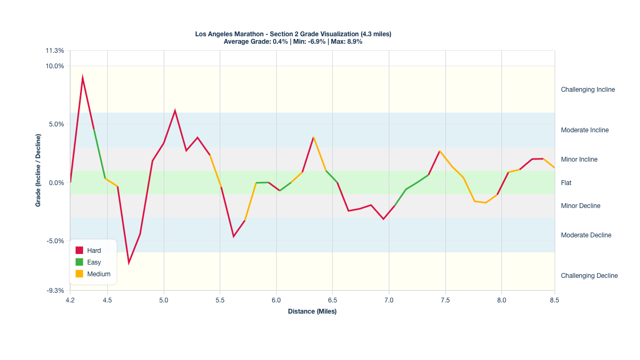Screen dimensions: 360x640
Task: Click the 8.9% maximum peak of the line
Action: tap(83, 78)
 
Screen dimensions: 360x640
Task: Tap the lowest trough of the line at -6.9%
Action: tap(129, 263)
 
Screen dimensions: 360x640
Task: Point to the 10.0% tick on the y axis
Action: tap(55, 66)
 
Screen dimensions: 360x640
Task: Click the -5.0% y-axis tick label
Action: tap(55, 241)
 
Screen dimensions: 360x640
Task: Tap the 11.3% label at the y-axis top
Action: tap(55, 51)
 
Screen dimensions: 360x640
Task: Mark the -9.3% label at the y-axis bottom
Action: tap(55, 291)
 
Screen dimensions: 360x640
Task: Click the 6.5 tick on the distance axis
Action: tap(332, 300)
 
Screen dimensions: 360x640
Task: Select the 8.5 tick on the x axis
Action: tap(555, 300)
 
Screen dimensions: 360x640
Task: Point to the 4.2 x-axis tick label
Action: tap(70, 300)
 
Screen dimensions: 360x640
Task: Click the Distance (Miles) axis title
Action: tap(312, 311)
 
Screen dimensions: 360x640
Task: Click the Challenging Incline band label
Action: tap(588, 90)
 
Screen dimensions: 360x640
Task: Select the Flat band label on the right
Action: tap(566, 183)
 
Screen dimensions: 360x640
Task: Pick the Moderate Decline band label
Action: tap(586, 235)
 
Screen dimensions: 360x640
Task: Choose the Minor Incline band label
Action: tap(579, 159)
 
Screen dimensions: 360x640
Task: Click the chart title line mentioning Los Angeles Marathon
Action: tap(293, 34)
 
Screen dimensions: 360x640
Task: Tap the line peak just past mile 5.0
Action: tap(175, 110)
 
